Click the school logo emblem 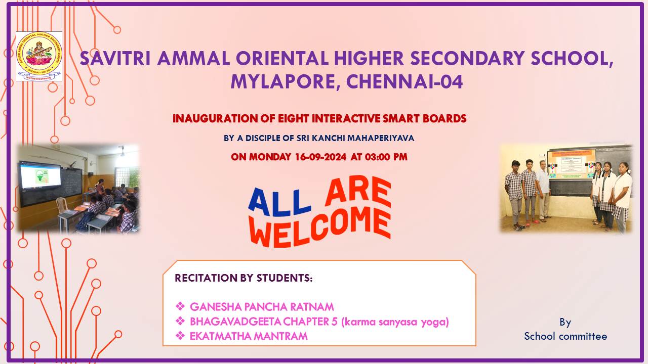click(x=39, y=56)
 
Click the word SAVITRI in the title click(x=115, y=58)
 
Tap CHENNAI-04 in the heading click(x=404, y=82)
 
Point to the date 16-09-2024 click(x=320, y=157)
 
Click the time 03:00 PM click(x=386, y=157)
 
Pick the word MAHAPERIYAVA click(x=380, y=138)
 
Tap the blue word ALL click(x=279, y=202)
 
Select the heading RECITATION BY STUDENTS click(x=244, y=278)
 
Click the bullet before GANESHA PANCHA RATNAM click(x=180, y=306)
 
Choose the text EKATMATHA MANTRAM click(x=249, y=336)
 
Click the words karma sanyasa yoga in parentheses click(x=395, y=322)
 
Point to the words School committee click(x=565, y=336)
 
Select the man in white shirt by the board click(x=543, y=191)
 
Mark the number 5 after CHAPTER click(x=335, y=322)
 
